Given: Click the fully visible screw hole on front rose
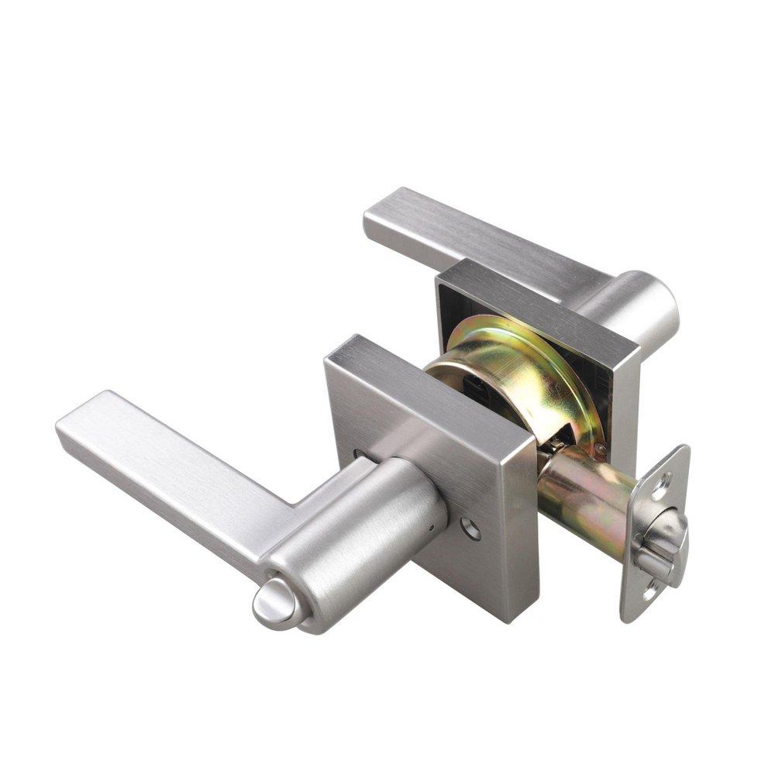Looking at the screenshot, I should [x=470, y=529].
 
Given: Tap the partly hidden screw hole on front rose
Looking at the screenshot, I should [x=359, y=456].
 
